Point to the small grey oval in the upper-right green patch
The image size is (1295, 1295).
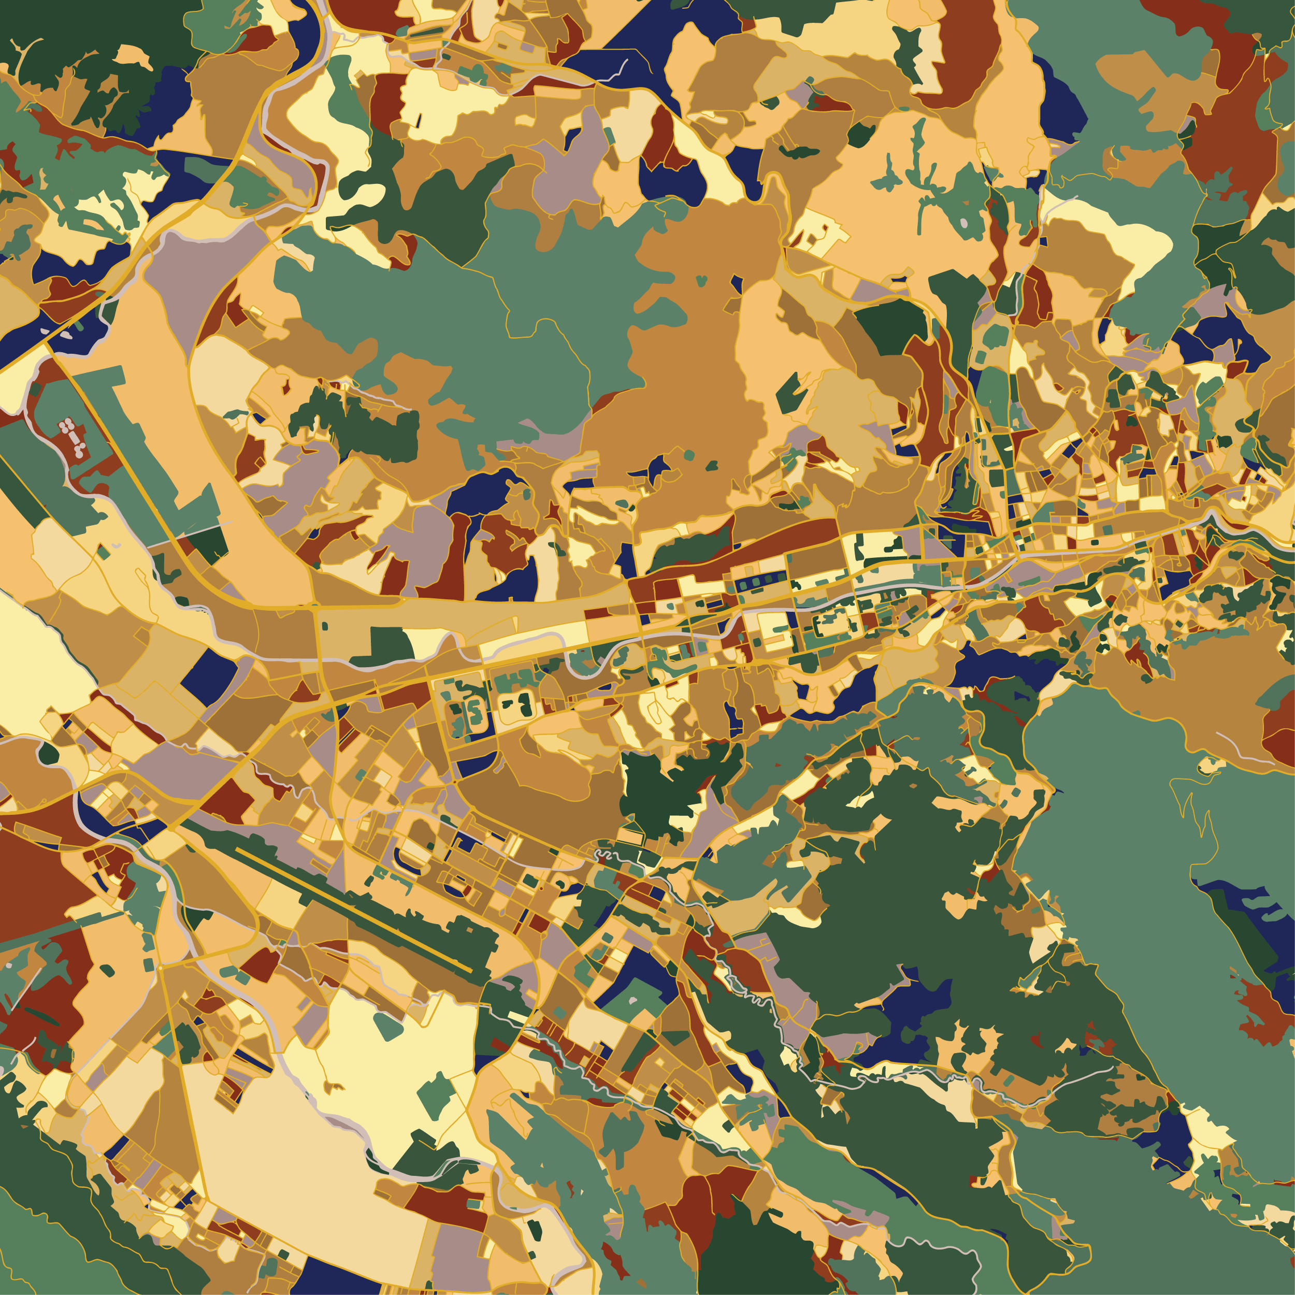coord(964,222)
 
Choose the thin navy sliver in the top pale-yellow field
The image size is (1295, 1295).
coord(419,121)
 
